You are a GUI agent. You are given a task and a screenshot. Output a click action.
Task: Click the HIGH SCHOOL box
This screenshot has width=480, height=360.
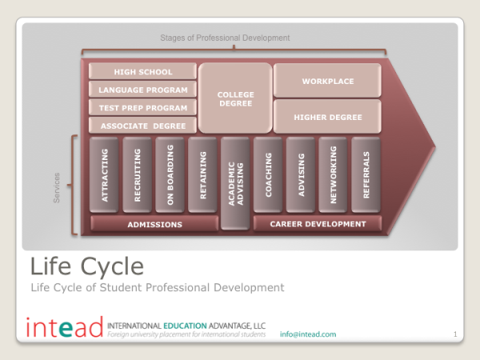pos(142,71)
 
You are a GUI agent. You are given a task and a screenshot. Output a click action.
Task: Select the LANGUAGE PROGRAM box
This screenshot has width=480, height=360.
pos(142,90)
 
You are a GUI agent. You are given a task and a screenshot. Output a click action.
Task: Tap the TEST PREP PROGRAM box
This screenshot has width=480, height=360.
pos(142,107)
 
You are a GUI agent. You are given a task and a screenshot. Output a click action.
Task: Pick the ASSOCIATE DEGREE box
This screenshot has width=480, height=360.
pos(142,126)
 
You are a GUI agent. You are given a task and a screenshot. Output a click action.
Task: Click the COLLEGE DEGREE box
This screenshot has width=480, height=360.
pos(235,98)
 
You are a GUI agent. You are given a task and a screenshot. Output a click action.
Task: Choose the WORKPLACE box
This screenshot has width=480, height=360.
pos(327,81)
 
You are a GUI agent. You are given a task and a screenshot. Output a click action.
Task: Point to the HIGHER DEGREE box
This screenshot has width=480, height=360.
pos(327,117)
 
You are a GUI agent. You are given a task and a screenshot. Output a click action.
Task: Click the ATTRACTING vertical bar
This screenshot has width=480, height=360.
pos(104,174)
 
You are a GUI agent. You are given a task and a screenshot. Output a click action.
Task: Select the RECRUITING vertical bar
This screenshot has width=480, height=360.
pos(137,174)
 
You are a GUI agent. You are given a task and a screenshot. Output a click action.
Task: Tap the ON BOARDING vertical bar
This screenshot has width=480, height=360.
pos(170,174)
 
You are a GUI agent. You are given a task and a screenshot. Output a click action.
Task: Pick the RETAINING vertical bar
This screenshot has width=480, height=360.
pos(202,174)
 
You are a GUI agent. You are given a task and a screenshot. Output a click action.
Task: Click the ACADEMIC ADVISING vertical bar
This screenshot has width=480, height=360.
pos(235,183)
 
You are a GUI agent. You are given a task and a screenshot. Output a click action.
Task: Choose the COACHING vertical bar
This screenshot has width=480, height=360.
pos(268,174)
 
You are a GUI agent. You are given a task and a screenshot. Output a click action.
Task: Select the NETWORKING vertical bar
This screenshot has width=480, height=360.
pos(333,174)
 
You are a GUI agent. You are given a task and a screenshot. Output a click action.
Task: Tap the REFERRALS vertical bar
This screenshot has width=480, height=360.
pos(366,174)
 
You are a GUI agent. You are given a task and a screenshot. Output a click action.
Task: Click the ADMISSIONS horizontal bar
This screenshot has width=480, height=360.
pos(154,224)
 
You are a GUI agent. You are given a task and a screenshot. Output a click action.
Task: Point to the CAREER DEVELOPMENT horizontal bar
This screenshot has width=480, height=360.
pos(318,223)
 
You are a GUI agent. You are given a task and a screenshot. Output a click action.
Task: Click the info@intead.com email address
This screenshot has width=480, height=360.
pos(308,334)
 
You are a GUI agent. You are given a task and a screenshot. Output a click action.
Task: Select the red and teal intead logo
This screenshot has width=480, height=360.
pos(64,327)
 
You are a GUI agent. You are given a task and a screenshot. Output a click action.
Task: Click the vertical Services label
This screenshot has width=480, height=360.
pos(56,188)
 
